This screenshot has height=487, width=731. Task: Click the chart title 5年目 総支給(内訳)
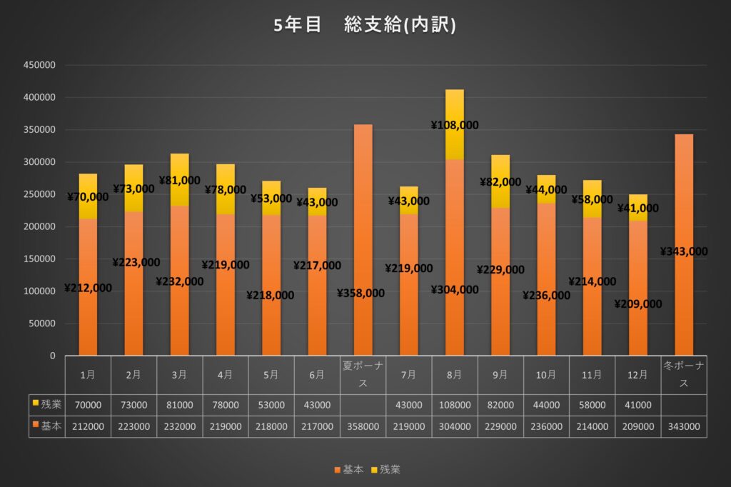[365, 25]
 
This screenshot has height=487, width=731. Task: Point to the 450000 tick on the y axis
[40, 65]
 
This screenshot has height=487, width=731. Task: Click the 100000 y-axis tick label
[40, 291]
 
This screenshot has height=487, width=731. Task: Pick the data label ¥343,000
[683, 251]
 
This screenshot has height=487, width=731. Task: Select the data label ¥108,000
[454, 125]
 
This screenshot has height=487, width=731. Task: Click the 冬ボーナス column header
[683, 374]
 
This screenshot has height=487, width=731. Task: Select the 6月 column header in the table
[317, 374]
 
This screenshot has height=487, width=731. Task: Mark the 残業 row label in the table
[46, 405]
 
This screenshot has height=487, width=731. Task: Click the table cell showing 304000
[454, 426]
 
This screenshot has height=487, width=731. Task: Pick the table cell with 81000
[179, 405]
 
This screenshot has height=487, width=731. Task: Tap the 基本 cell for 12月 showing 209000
[637, 426]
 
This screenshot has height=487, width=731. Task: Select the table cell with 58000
[592, 405]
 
